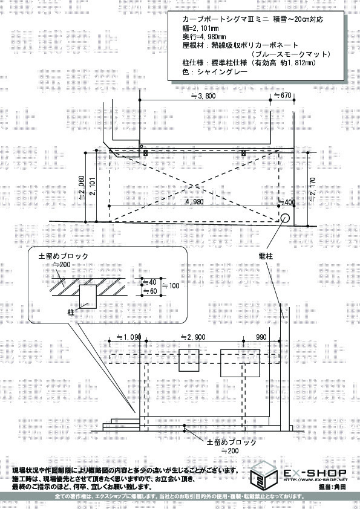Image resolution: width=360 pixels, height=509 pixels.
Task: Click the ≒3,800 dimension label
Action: [x=203, y=96]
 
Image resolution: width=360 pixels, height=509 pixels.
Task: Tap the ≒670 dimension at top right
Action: [x=283, y=96]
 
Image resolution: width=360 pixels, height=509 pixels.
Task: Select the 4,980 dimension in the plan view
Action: [x=195, y=201]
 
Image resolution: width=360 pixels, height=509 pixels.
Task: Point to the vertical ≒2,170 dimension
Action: [x=313, y=190]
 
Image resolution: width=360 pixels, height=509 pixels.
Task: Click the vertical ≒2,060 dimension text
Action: [x=82, y=187]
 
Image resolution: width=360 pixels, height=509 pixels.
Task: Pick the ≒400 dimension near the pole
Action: [x=287, y=203]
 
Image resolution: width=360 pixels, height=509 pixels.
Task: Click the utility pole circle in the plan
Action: [x=285, y=218]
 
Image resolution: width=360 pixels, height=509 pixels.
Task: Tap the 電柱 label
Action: [x=266, y=256]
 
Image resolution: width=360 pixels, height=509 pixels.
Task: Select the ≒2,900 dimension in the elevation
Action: [x=193, y=337]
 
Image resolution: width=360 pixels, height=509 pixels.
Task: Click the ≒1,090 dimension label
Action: [x=129, y=337]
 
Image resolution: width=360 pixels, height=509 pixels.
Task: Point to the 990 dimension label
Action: [x=261, y=337]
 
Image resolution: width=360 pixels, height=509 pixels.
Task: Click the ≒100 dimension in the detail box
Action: [x=171, y=286]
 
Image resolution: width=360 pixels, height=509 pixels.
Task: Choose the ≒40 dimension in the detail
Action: [x=150, y=282]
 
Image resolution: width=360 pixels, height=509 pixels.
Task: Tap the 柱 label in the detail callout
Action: [x=71, y=313]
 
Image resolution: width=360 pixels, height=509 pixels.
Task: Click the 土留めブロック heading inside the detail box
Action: [x=64, y=256]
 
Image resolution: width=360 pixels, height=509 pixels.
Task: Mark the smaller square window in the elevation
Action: [x=189, y=360]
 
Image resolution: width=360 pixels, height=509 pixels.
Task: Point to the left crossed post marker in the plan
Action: [x=146, y=153]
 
